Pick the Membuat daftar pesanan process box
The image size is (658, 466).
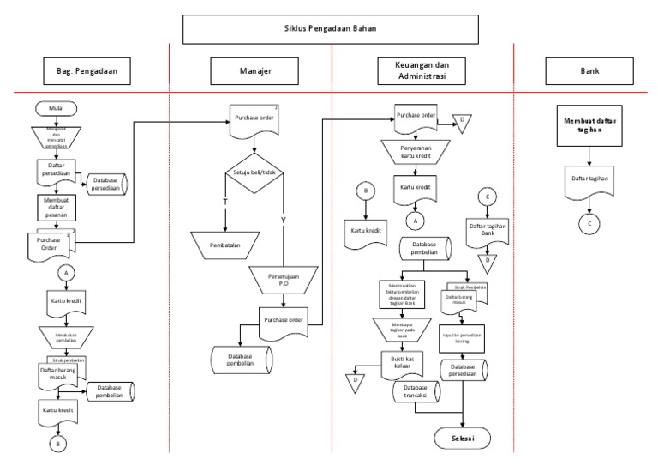[56, 206]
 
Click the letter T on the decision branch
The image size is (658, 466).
[225, 201]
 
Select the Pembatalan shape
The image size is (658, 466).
[225, 245]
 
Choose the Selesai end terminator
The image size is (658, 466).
[463, 438]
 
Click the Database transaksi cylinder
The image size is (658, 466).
[416, 397]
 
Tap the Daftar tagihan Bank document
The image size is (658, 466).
[487, 229]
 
